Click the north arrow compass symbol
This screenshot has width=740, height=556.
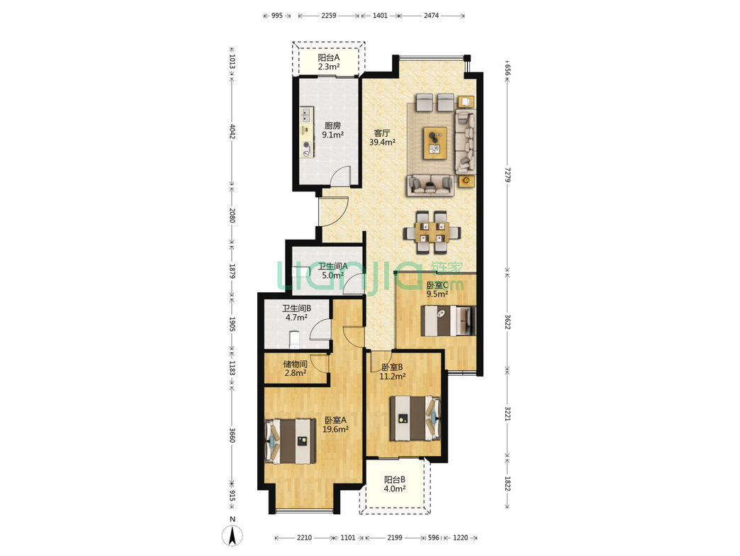[x=232, y=535]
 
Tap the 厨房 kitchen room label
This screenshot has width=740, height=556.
[x=332, y=126]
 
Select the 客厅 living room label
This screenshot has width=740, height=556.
[x=382, y=133]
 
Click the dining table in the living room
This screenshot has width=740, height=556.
[x=432, y=232]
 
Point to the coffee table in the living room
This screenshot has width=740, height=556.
[x=435, y=143]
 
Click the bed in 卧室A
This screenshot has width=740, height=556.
[x=291, y=441]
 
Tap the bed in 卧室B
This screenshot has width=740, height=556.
[x=415, y=418]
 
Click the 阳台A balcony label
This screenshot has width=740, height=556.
[x=328, y=57]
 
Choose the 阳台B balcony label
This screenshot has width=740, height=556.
[x=395, y=479]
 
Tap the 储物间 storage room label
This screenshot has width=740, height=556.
[x=295, y=364]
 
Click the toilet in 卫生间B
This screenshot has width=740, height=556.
[x=293, y=340]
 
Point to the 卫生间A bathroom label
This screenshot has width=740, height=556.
[x=332, y=266]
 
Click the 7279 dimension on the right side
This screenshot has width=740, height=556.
[x=508, y=174]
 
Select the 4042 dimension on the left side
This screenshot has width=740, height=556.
[x=232, y=131]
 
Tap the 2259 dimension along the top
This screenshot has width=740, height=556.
[x=328, y=16]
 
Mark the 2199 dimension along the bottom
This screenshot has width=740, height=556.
[x=395, y=538]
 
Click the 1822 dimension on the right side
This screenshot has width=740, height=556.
[x=508, y=484]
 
